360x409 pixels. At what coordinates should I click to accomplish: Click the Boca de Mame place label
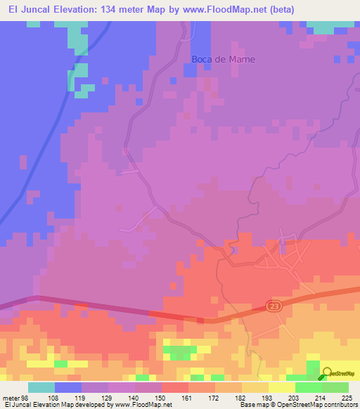point(223,60)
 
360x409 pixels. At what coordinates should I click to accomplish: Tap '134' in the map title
point(128,9)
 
